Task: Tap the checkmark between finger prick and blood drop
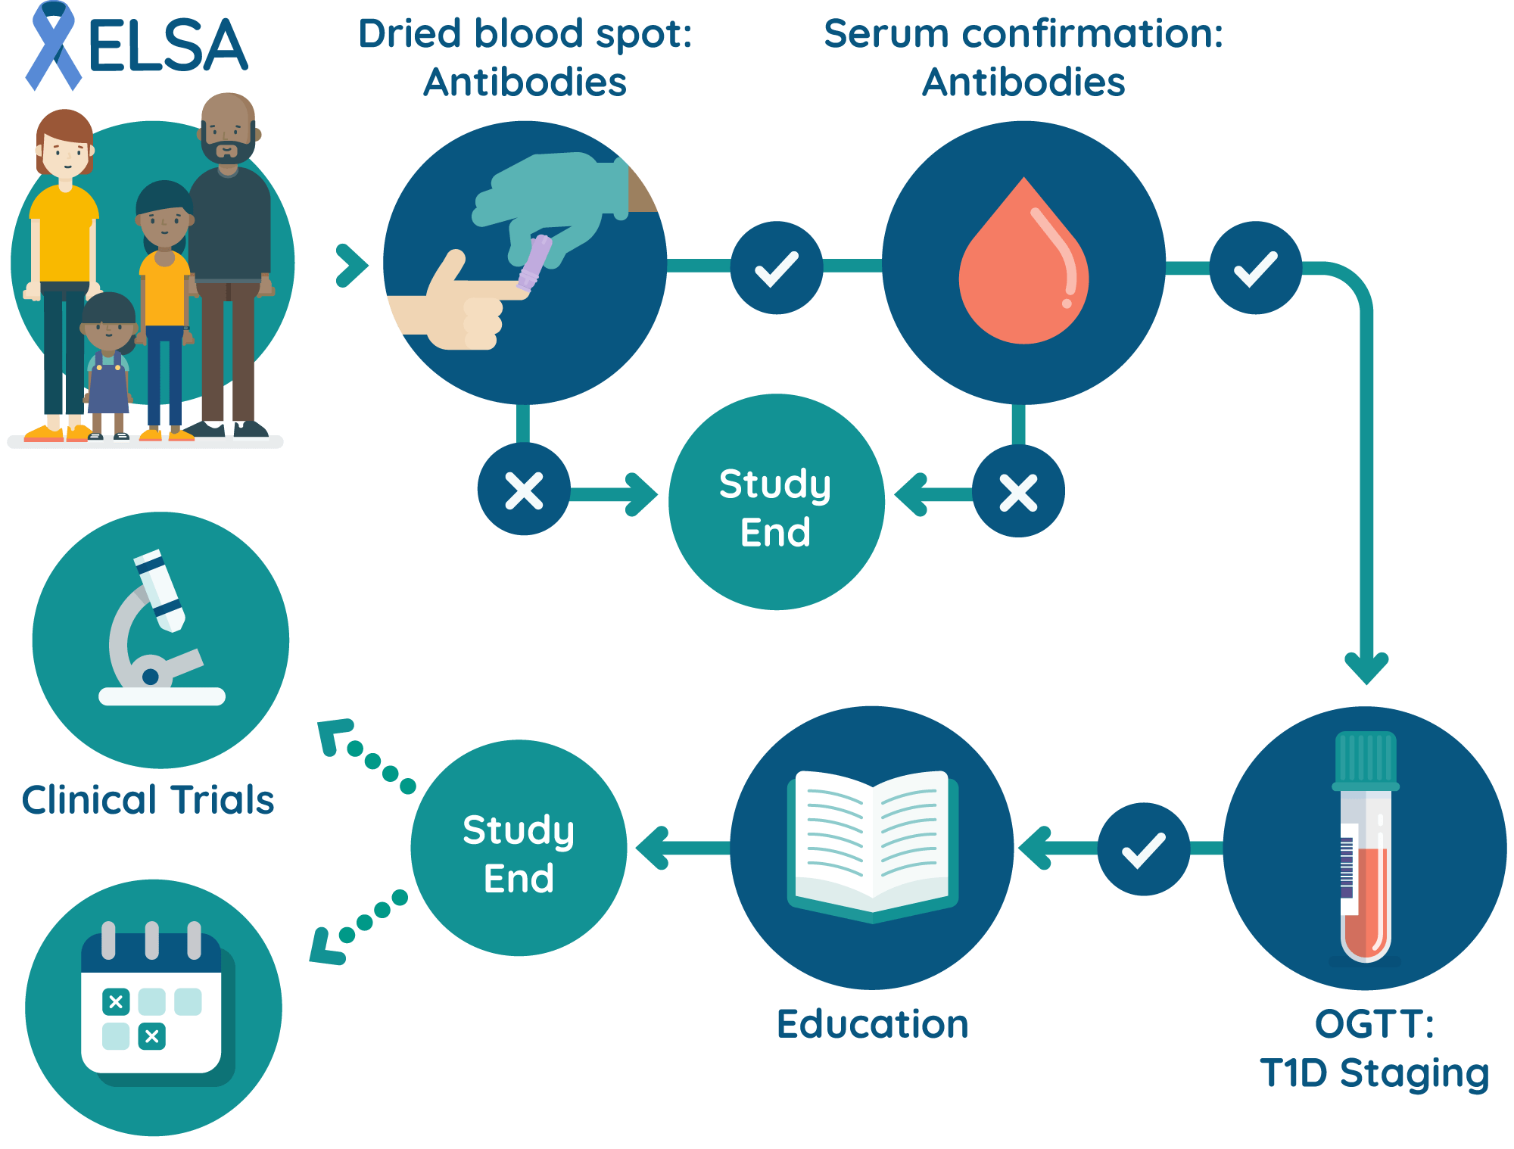(x=777, y=268)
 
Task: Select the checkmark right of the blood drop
(x=1255, y=268)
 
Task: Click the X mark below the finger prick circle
(x=524, y=490)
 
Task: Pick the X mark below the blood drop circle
(x=1018, y=492)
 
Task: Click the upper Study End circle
(x=776, y=503)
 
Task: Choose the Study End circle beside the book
(x=519, y=849)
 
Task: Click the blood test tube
(x=1365, y=848)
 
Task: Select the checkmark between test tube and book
(x=1143, y=849)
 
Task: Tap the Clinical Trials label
(x=148, y=799)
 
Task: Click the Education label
(x=872, y=1024)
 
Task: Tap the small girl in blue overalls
(x=108, y=363)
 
